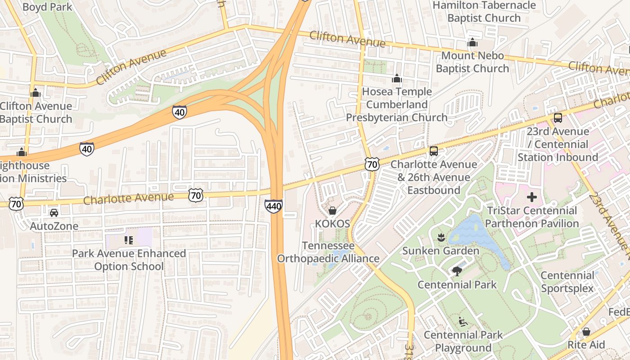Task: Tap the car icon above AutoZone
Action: pos(54,212)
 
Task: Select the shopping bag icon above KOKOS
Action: pos(333,210)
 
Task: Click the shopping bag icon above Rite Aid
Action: pos(586,332)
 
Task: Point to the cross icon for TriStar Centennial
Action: pos(532,197)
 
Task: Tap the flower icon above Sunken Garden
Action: pos(441,237)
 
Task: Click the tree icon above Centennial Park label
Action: pos(457,271)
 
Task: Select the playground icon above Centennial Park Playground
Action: pos(463,321)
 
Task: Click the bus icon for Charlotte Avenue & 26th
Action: pos(434,151)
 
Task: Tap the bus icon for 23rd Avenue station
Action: pos(558,118)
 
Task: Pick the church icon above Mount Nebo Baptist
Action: pos(472,43)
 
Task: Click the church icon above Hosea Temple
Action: pos(396,79)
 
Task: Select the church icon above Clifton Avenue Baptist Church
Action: pos(36,93)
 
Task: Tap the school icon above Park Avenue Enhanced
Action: pos(129,240)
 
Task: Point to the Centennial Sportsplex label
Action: pos(567,282)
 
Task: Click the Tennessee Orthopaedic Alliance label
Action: pos(328,252)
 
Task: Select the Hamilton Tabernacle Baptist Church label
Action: pos(484,12)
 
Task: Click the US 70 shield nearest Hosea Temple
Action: pos(372,165)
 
